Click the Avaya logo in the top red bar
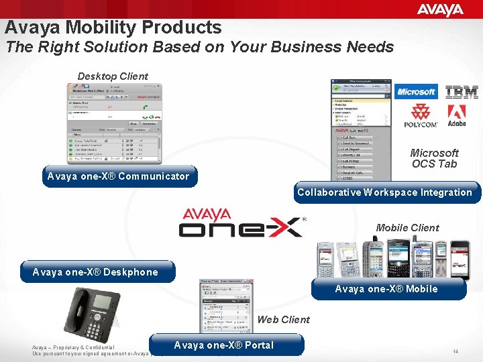click(440, 9)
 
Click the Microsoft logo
click(415, 92)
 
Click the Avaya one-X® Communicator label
click(118, 176)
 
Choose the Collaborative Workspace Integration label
click(384, 192)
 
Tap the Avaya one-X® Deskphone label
click(95, 272)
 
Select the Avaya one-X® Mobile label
click(386, 289)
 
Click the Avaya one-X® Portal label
click(224, 345)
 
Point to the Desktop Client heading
click(113, 76)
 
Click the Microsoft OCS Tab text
click(434, 158)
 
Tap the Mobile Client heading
click(407, 228)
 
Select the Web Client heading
click(283, 320)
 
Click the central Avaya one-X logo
click(241, 223)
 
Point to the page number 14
click(455, 351)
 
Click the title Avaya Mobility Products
click(113, 27)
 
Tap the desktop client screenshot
click(114, 123)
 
